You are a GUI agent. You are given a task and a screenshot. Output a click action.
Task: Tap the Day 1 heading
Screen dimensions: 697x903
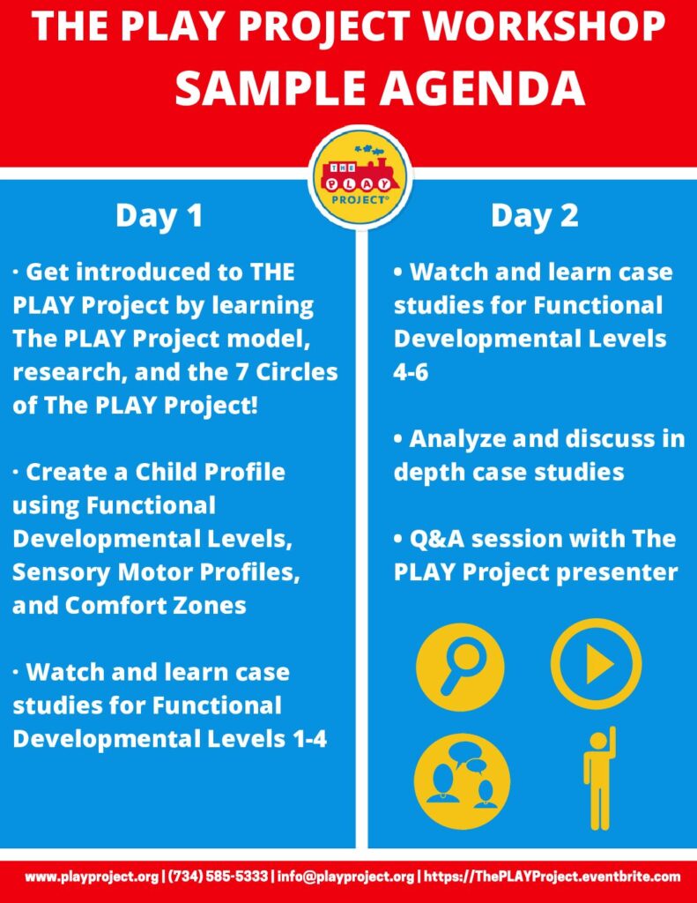[x=159, y=215]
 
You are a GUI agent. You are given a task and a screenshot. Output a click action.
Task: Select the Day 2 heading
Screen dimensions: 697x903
[x=535, y=215]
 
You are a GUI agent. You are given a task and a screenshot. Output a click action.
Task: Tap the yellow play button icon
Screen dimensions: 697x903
[x=596, y=664]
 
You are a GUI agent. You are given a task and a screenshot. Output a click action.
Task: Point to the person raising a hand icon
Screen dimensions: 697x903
[x=600, y=778]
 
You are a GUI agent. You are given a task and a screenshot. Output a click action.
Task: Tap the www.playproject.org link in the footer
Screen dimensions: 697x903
[x=92, y=877]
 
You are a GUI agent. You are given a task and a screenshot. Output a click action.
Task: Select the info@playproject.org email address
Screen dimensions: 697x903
[x=345, y=877]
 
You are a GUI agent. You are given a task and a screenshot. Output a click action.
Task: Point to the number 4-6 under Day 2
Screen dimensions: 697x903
[x=411, y=372]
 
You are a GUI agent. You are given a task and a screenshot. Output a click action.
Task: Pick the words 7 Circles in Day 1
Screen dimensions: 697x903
[x=287, y=372]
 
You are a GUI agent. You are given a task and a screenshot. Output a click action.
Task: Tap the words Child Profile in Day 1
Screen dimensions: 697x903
[x=210, y=473]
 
